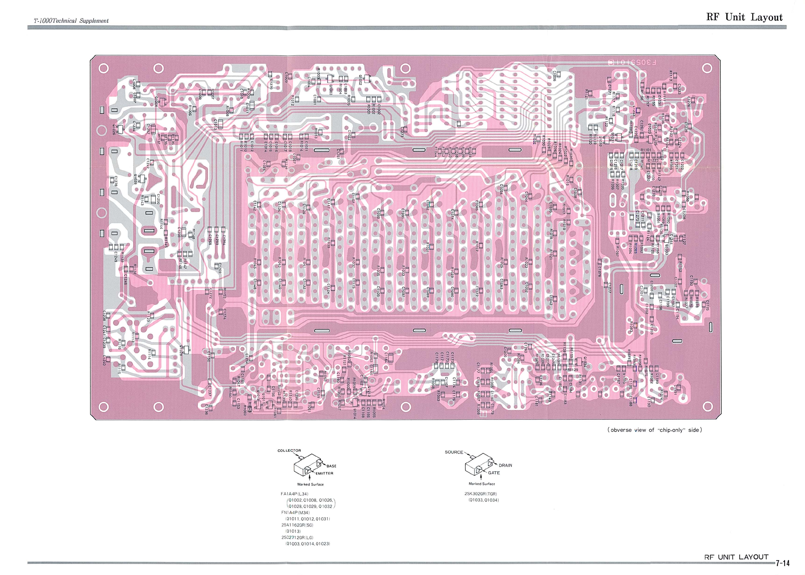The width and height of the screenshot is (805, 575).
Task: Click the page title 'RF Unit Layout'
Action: (744, 17)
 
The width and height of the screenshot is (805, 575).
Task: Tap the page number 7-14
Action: (782, 563)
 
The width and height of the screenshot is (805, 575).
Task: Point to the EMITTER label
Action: (324, 473)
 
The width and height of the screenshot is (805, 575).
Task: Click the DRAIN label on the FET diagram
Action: (505, 465)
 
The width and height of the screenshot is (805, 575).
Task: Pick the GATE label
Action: (494, 473)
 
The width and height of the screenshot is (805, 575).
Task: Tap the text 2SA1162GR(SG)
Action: (297, 525)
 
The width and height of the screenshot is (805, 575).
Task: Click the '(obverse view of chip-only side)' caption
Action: (654, 430)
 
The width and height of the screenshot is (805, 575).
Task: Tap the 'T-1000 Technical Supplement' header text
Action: (71, 21)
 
